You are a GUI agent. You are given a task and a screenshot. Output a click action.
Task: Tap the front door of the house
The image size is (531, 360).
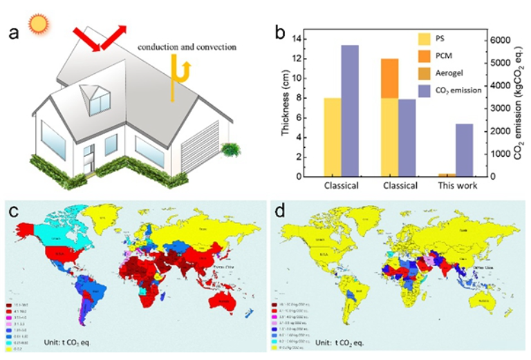[88, 160]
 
